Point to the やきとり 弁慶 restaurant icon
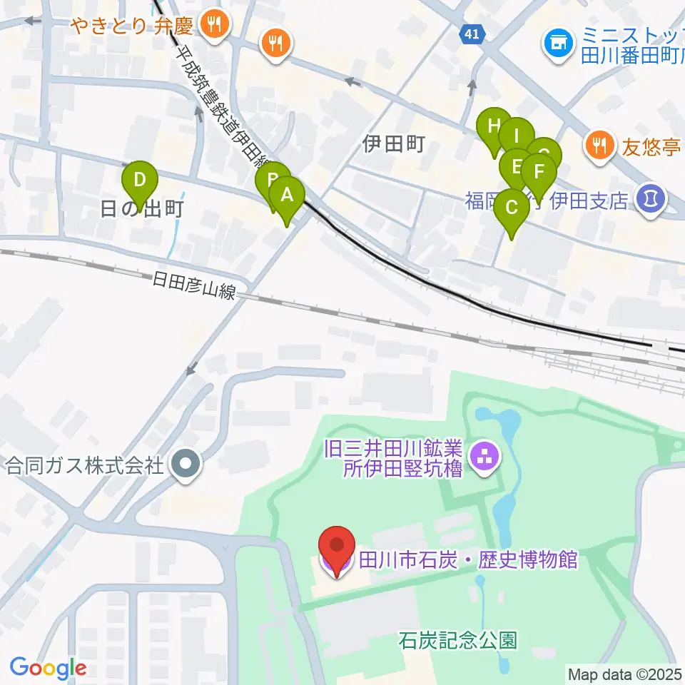tap(213, 26)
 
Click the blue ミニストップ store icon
tap(557, 44)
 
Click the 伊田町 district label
tap(394, 145)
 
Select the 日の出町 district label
tap(143, 209)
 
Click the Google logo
tap(48, 669)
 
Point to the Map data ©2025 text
tap(625, 674)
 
